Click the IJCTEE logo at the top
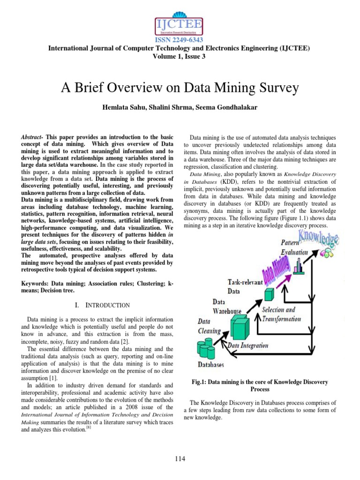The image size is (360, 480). coord(180,21)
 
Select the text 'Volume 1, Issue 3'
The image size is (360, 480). coord(180,56)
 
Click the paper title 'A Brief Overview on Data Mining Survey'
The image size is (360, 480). coord(180,88)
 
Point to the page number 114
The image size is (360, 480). coord(180,459)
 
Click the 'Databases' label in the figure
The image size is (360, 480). coord(210,364)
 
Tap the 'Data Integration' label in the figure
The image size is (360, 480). coord(248,345)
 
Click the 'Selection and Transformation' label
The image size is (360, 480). coord(281,314)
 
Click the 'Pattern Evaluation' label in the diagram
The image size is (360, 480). coord(294,247)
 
